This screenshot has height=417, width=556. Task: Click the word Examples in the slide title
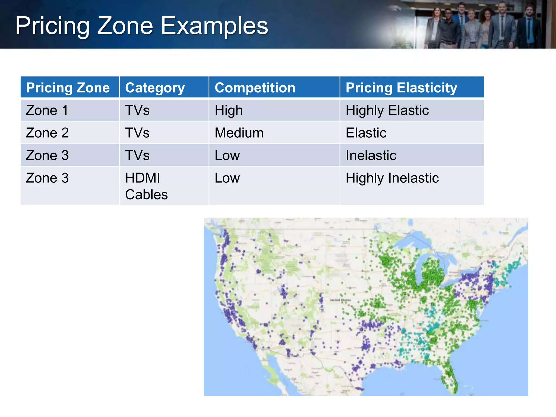214,26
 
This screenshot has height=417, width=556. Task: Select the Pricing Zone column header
68,88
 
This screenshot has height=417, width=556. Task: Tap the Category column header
155,88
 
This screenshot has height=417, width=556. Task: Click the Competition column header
255,88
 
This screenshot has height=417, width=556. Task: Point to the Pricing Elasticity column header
401,88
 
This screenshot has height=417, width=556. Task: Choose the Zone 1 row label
47,110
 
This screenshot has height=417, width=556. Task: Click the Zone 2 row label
47,133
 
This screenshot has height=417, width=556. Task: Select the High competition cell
229,110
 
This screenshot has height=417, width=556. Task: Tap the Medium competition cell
239,133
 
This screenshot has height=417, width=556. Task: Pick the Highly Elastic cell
387,110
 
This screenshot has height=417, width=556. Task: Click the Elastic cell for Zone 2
366,133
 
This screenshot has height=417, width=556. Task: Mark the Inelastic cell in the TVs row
371,156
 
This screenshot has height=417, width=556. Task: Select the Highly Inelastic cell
392,178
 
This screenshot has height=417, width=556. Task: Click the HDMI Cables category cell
146,186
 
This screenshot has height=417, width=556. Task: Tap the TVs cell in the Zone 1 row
137,110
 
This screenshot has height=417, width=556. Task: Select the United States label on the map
340,300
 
